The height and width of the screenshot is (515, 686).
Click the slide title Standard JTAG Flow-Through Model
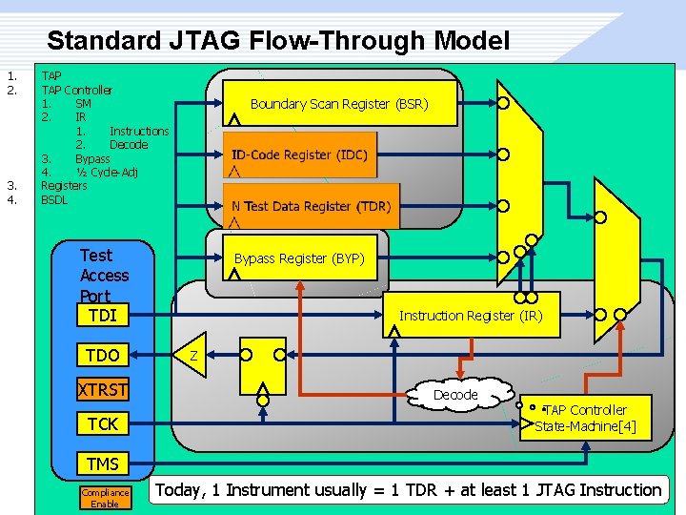pos(277,41)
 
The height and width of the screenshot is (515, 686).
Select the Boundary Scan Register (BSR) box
pos(338,103)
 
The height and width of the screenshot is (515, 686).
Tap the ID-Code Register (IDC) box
pos(299,154)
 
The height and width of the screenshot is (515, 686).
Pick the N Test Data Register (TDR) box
pos(311,206)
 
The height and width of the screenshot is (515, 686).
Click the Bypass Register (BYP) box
pos(299,258)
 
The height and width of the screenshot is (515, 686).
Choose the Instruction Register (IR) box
pos(471,315)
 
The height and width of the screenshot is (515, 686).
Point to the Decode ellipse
pos(455,394)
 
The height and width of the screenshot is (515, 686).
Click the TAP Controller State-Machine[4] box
pos(585,418)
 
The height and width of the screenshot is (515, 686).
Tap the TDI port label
pos(102,316)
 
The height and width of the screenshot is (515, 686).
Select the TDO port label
pos(102,355)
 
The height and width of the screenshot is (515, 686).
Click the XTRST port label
pos(102,389)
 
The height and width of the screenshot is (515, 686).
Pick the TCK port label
pos(102,423)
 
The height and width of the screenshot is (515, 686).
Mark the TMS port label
pos(102,463)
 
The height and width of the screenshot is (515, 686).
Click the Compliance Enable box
pos(104,498)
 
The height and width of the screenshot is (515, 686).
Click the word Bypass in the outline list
pos(92,158)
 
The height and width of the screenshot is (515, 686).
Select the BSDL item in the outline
pos(54,199)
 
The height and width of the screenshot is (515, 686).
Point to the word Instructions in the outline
pos(139,131)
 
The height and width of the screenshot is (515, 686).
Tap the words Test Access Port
pos(103,275)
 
